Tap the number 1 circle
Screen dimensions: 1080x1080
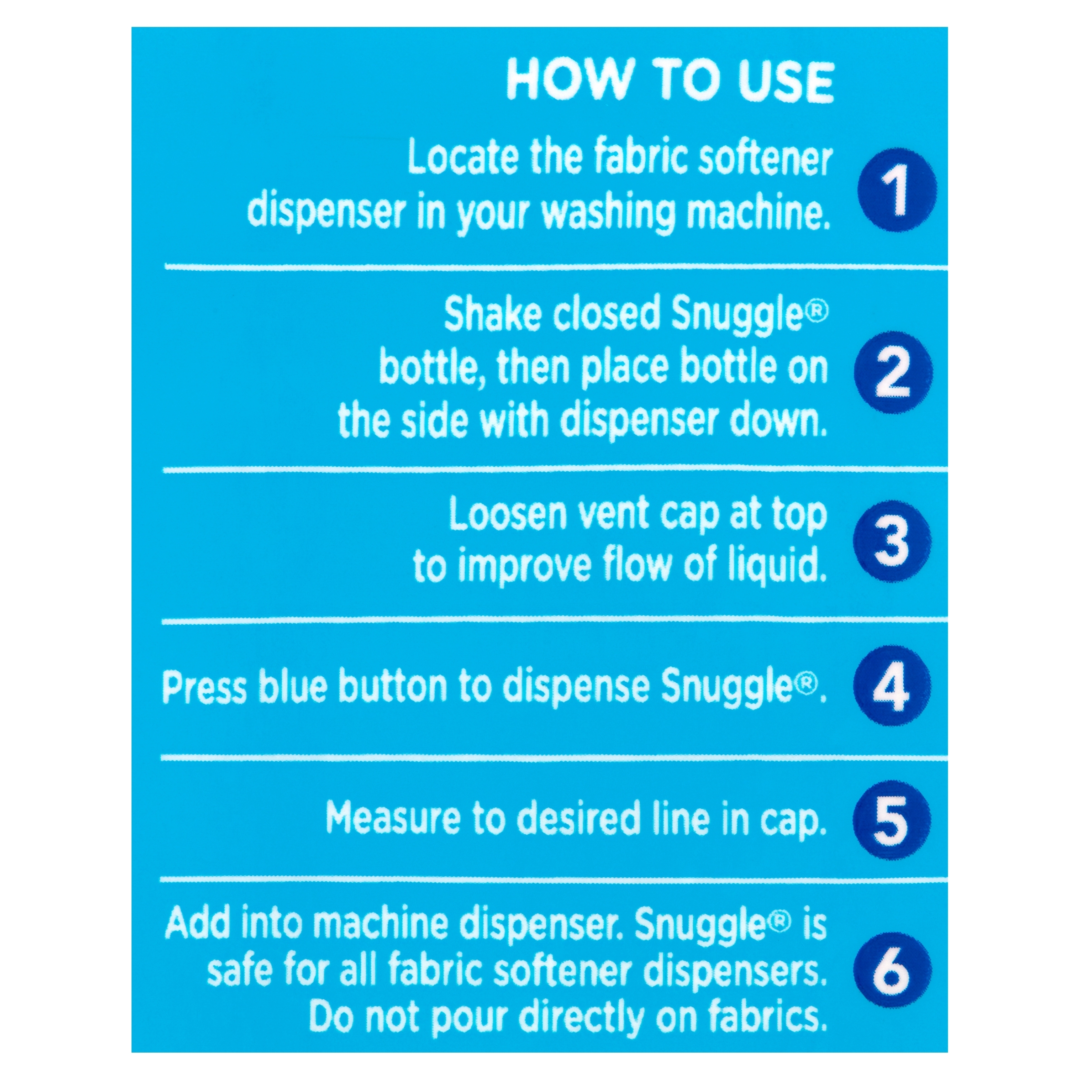pos(898,190)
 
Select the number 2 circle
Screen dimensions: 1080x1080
pos(894,372)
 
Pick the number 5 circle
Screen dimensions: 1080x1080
pos(891,820)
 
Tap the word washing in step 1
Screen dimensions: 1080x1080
pos(608,213)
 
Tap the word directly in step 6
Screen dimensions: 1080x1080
pos(581,1018)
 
